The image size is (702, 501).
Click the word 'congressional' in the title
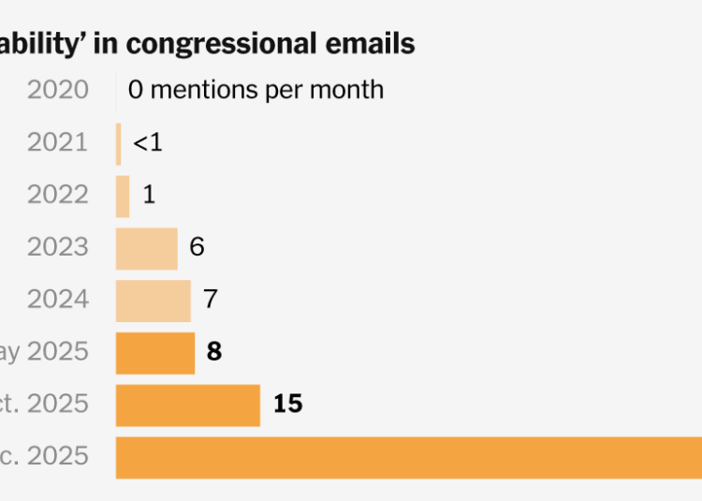click(x=246, y=43)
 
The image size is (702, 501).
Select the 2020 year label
click(x=58, y=91)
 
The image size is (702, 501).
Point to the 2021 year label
click(x=58, y=143)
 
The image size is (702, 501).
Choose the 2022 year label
click(x=58, y=196)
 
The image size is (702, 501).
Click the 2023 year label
click(x=58, y=248)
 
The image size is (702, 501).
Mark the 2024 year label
click(x=58, y=301)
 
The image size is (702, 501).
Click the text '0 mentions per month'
click(x=256, y=91)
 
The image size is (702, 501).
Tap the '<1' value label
click(x=148, y=143)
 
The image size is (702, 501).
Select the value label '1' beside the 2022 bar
click(x=149, y=196)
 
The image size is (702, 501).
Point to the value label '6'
click(x=197, y=248)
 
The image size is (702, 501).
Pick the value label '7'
click(x=210, y=301)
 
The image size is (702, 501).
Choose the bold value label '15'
click(x=287, y=405)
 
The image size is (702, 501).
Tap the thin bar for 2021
click(x=119, y=144)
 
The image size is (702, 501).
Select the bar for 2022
click(x=123, y=197)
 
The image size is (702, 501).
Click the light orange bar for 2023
click(x=146, y=249)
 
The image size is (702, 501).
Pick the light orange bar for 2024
click(x=153, y=302)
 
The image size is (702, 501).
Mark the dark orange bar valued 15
click(x=187, y=405)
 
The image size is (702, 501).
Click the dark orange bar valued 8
click(x=155, y=353)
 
